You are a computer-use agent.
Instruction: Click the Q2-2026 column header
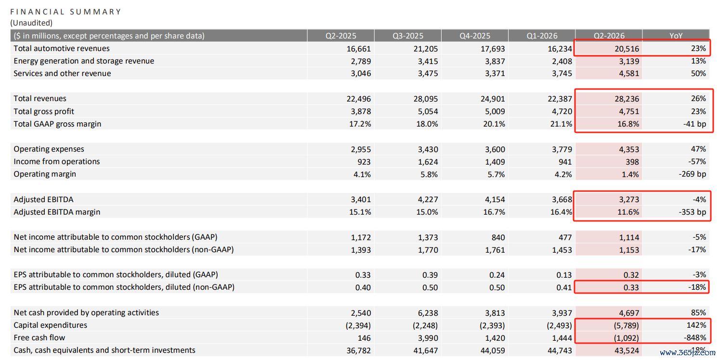[609, 36]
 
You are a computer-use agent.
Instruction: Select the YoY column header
[676, 36]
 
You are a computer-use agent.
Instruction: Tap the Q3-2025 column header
[407, 36]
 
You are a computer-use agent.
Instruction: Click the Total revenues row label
[40, 99]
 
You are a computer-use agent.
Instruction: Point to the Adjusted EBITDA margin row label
[57, 212]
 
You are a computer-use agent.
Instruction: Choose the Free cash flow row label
[39, 337]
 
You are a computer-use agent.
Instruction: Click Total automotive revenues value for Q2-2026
[627, 49]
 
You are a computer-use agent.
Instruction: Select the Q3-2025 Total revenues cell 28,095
[426, 99]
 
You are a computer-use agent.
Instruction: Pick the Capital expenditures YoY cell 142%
[696, 325]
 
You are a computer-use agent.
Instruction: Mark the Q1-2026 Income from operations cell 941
[565, 162]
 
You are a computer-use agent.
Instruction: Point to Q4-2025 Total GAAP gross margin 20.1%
[494, 124]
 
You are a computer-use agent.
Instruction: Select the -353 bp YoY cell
[692, 212]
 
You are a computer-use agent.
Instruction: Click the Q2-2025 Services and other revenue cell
[361, 74]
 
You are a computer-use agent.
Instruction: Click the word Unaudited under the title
[31, 23]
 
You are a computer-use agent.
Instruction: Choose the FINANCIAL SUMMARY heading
[65, 12]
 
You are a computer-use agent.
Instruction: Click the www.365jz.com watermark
[687, 353]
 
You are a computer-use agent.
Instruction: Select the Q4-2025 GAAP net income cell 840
[498, 237]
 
